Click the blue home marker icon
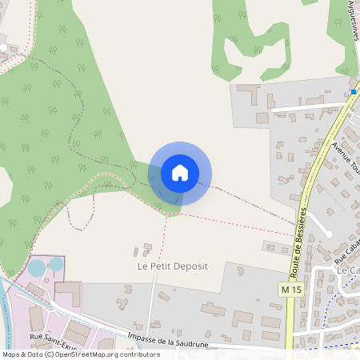pos(180,173)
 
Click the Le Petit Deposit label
pos(173,266)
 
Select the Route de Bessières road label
pos(299,230)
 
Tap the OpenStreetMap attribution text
pos(81,354)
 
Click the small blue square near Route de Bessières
pos(353,92)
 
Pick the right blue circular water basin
pos(56,263)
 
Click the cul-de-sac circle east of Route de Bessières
pos(327,233)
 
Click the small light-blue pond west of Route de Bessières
pos(279,184)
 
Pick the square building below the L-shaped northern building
pos(262,118)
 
